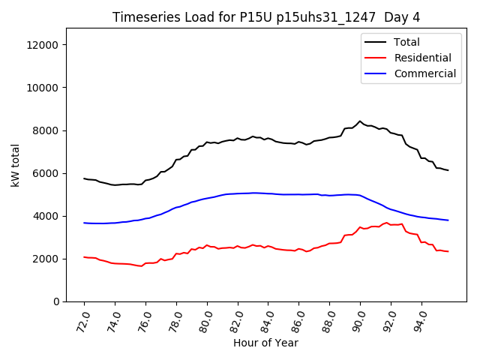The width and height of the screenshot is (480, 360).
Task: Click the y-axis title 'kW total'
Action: (x=16, y=164)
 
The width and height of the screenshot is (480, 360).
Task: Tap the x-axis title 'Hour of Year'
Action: (x=265, y=343)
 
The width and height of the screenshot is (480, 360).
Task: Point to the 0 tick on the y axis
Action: (x=57, y=301)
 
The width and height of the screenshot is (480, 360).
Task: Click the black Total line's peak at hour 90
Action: (x=360, y=121)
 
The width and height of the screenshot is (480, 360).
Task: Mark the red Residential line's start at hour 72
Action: (x=84, y=257)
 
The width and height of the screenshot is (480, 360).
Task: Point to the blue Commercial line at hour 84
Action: (x=268, y=193)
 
